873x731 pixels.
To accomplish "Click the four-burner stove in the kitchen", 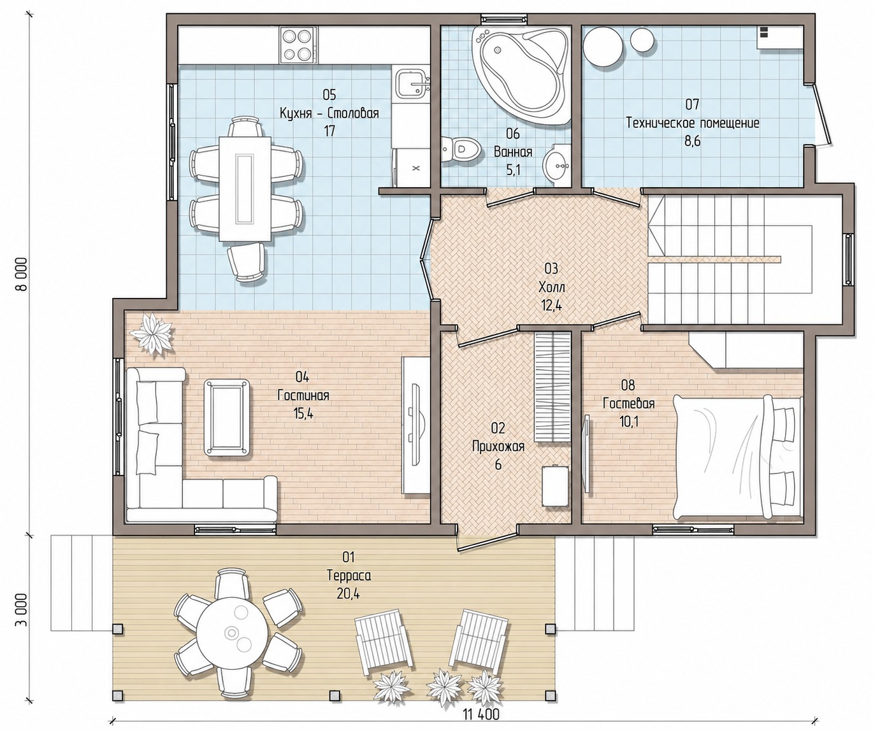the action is (x=298, y=45).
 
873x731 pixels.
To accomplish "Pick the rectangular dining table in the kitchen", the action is (x=245, y=189).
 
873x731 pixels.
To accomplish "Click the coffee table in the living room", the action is (x=227, y=417).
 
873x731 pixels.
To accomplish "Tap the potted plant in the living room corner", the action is (x=152, y=334).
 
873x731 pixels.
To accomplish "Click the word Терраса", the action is (x=349, y=576).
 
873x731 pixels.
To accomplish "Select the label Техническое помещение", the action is (x=693, y=124).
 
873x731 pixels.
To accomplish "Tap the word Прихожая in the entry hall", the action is (x=498, y=446).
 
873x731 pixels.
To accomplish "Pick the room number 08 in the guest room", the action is (x=628, y=385).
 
